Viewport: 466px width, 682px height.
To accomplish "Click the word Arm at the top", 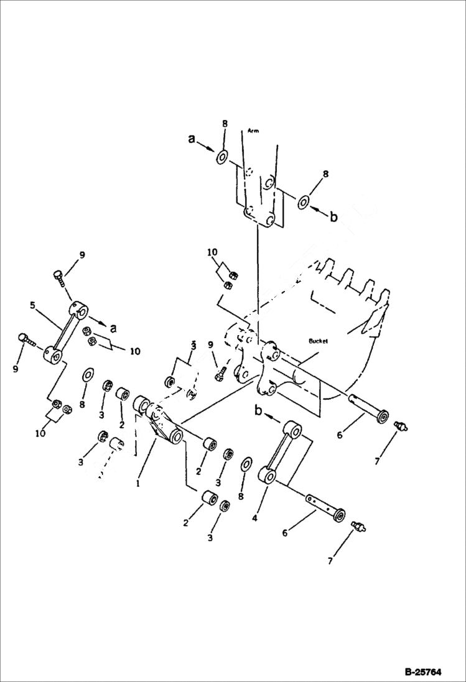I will tap(253, 131).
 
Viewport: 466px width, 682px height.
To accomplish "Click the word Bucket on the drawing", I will tap(318, 341).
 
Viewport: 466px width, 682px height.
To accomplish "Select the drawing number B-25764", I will tap(422, 671).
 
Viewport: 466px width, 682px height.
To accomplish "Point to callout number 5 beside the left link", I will tap(32, 305).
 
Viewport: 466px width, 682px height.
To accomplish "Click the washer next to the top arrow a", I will tap(222, 157).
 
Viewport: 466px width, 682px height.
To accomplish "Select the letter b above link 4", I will tap(259, 410).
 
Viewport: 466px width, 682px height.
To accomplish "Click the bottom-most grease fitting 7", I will tap(358, 527).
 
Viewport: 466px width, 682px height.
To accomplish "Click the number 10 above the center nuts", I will tap(213, 252).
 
